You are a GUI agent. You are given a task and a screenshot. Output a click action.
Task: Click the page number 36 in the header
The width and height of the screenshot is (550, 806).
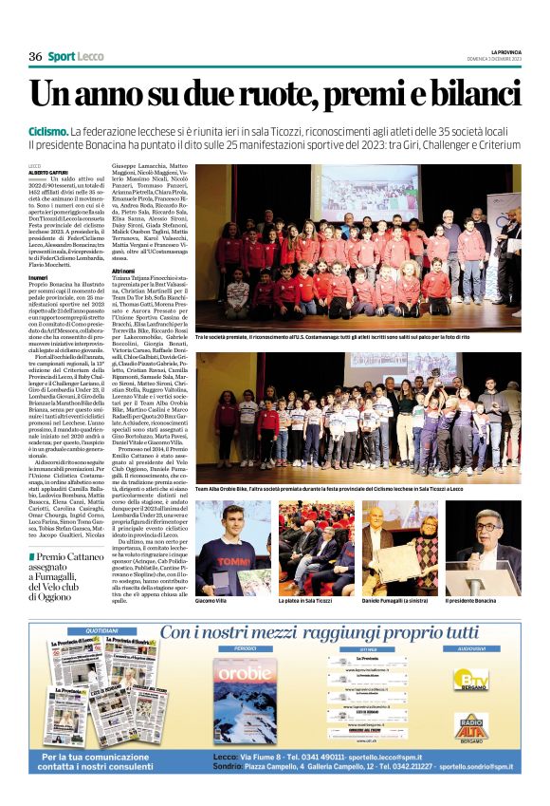pos(35,56)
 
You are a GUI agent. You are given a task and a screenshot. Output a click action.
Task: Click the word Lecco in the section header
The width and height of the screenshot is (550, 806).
pos(90,56)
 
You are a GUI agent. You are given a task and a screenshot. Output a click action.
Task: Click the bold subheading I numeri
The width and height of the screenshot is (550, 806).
pos(39,277)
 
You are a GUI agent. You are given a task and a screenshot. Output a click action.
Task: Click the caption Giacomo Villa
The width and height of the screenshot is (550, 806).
pos(211,602)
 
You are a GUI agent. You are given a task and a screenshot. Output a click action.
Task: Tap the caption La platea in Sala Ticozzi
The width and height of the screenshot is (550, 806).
pos(305,602)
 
